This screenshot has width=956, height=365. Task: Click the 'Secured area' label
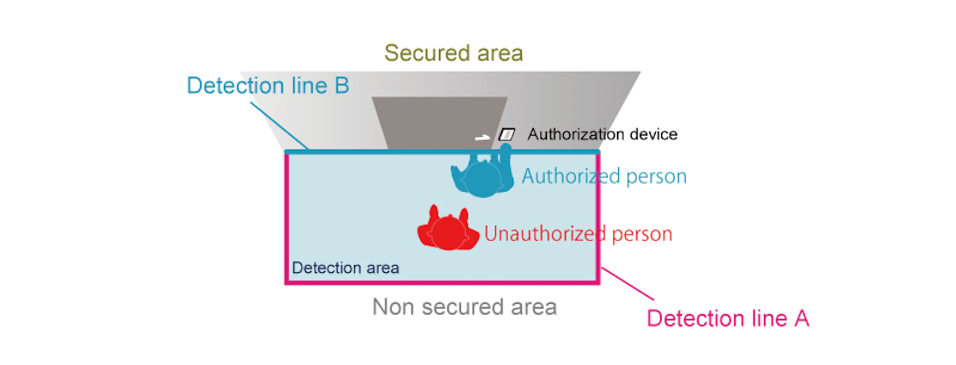(453, 53)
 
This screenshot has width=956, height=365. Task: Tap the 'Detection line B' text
(268, 86)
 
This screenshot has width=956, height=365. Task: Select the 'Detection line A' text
(728, 318)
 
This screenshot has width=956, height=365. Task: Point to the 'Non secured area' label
(465, 307)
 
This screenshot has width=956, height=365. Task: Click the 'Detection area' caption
(345, 268)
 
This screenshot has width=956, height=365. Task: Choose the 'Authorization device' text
(602, 134)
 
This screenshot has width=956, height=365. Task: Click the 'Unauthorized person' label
(578, 234)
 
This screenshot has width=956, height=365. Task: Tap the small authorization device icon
(507, 134)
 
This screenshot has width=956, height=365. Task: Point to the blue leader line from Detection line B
(279, 126)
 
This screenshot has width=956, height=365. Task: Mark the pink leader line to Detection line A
(627, 284)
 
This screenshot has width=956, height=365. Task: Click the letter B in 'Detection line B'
(342, 86)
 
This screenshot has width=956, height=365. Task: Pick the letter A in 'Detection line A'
(802, 318)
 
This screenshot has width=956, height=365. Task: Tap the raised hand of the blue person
(505, 148)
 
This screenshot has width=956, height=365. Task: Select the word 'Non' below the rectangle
(393, 307)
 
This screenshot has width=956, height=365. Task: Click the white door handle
(482, 138)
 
